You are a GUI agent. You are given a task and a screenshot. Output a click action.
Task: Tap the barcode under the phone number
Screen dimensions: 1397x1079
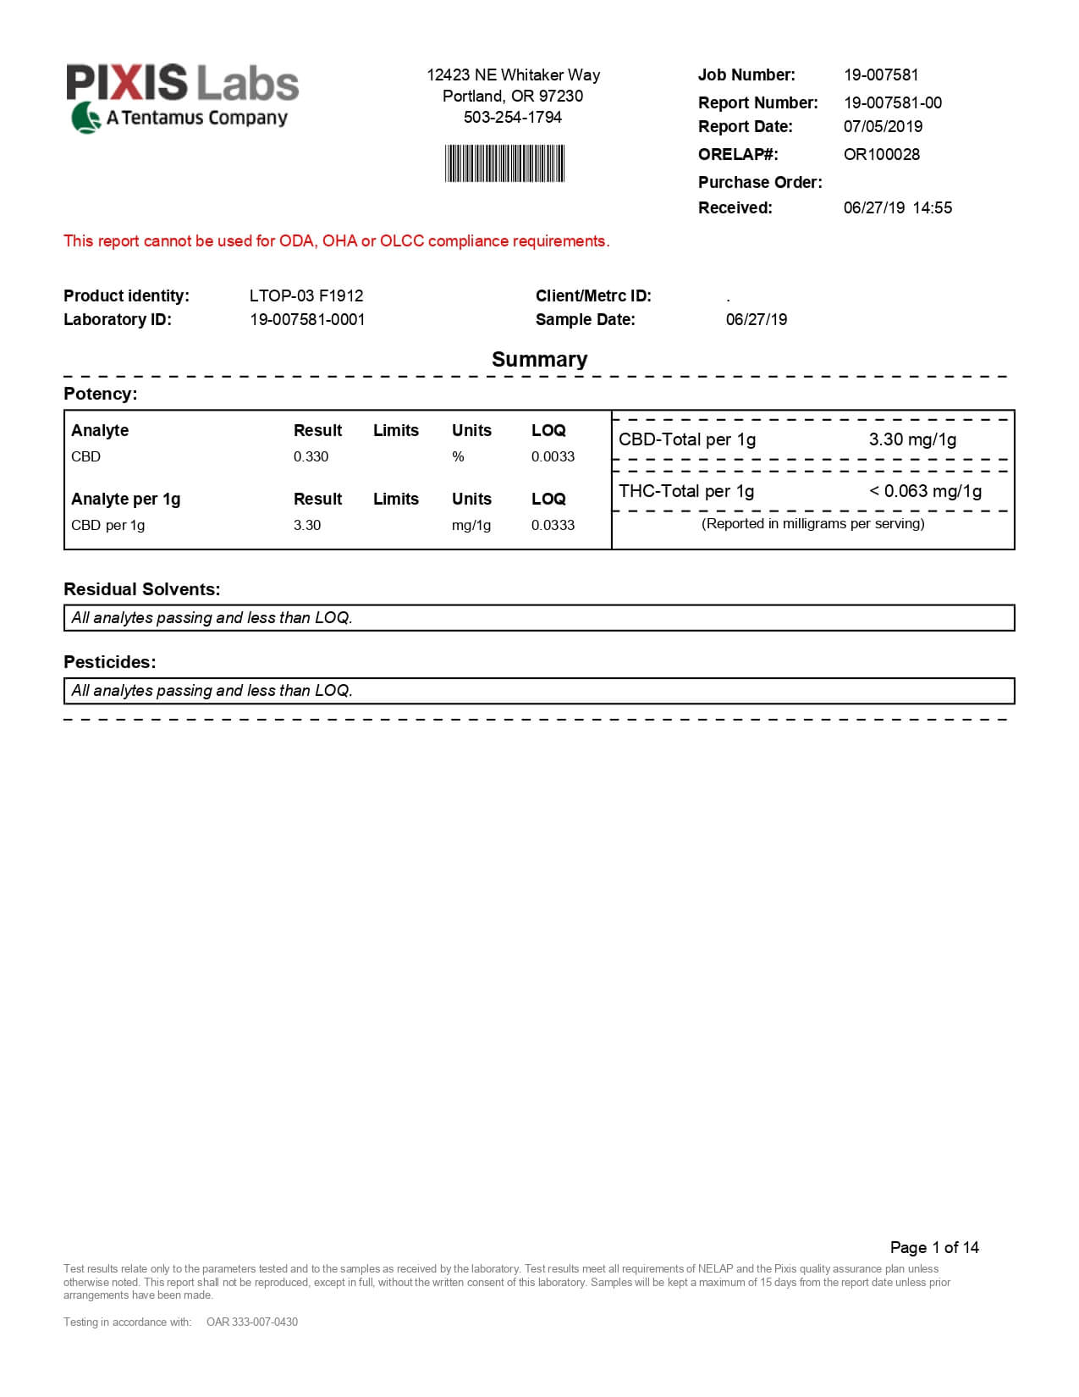coord(504,163)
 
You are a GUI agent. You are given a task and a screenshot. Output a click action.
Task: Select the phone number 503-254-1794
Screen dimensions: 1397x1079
coord(512,118)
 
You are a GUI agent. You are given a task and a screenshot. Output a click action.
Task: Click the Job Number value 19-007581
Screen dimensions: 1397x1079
coord(880,75)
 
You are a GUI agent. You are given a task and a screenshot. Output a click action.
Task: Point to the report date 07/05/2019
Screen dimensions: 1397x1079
coord(883,127)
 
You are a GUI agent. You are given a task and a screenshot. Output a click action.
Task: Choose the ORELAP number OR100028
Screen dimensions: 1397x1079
coord(881,155)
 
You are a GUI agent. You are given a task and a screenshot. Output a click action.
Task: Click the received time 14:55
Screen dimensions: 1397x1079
coord(932,208)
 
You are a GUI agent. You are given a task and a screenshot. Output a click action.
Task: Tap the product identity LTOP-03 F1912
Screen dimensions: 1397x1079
coord(306,296)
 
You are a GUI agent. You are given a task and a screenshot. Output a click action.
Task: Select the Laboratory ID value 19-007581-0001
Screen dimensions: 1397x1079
coord(307,320)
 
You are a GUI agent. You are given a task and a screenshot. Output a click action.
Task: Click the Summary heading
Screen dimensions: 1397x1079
coord(539,360)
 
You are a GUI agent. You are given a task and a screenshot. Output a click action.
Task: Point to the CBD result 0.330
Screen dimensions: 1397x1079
coord(311,457)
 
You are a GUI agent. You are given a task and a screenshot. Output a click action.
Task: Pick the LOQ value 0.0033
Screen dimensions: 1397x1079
coord(553,457)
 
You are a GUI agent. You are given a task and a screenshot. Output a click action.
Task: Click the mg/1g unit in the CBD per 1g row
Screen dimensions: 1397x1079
coord(471,526)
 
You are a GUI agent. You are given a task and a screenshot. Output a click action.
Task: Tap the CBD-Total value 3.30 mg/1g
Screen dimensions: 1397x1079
coord(912,440)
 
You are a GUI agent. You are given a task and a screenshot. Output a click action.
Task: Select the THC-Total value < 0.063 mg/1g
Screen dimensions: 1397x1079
coord(925,492)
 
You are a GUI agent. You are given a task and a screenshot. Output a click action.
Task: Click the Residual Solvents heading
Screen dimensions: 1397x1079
coord(141,590)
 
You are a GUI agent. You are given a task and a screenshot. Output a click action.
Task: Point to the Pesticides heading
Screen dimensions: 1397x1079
coord(109,663)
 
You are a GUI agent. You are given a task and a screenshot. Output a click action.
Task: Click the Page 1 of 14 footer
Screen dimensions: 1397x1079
coord(933,1248)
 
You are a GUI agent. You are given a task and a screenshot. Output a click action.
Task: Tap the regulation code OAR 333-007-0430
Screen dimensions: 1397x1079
coord(251,1322)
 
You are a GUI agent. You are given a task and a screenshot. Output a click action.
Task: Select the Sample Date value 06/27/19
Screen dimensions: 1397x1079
coord(756,320)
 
